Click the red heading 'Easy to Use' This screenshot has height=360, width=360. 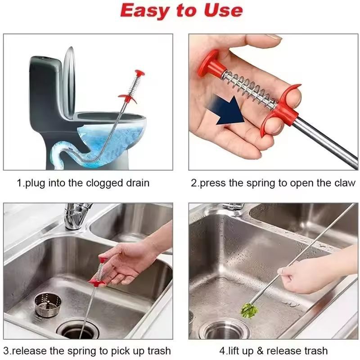click(x=181, y=11)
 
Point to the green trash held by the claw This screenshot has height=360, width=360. click(x=248, y=311)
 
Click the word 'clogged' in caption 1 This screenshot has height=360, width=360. click(x=106, y=183)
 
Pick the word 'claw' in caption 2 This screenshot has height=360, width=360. click(x=345, y=183)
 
